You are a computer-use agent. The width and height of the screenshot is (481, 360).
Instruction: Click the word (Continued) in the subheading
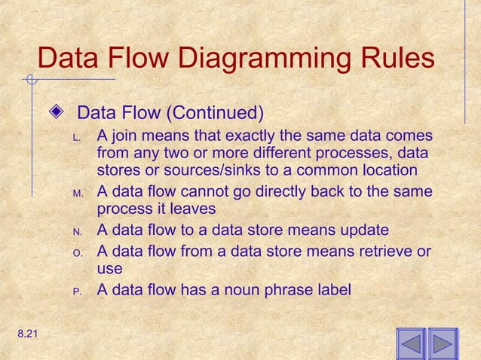[x=217, y=115]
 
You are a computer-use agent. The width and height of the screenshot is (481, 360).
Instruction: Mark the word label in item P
[x=330, y=289]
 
